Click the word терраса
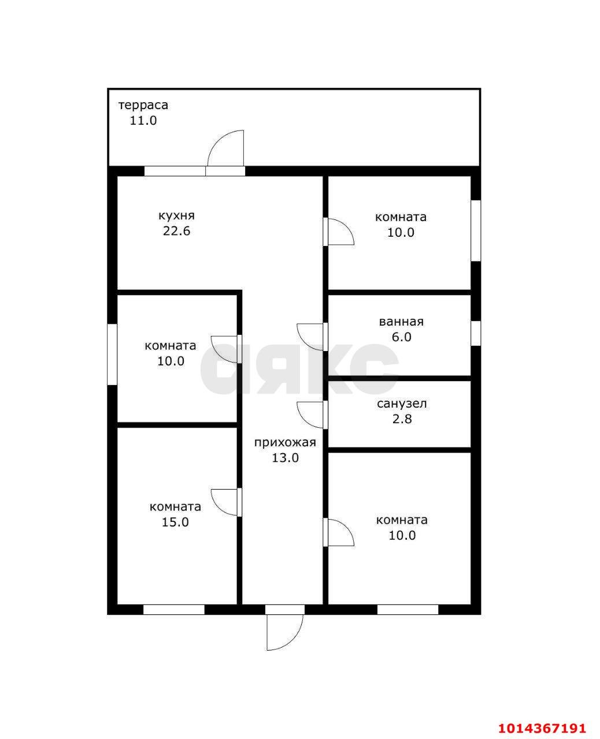click(143, 104)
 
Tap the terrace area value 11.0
click(143, 121)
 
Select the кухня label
click(176, 216)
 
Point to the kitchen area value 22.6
click(176, 231)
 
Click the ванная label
click(401, 322)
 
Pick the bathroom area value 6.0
click(401, 337)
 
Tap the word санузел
click(402, 404)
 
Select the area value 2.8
click(402, 419)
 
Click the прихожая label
click(285, 442)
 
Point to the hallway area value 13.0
click(285, 458)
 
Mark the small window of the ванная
click(476, 334)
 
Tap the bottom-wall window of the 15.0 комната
click(174, 610)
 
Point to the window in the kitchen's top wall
click(175, 171)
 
